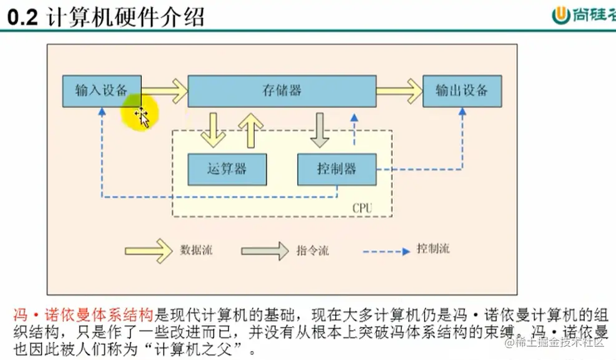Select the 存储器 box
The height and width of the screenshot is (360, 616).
click(281, 90)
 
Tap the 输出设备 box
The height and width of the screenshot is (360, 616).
click(462, 90)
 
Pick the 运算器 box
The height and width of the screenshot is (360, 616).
click(227, 169)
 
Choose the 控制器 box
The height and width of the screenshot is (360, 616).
click(336, 169)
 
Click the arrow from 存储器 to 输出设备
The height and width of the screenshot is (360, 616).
click(399, 91)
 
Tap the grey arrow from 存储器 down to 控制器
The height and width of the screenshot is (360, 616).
click(321, 129)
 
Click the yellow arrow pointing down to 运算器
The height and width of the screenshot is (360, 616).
click(214, 129)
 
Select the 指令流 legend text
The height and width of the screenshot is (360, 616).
click(312, 251)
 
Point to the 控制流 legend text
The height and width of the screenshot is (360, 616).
click(433, 250)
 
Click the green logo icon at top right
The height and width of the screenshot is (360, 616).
click(562, 16)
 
